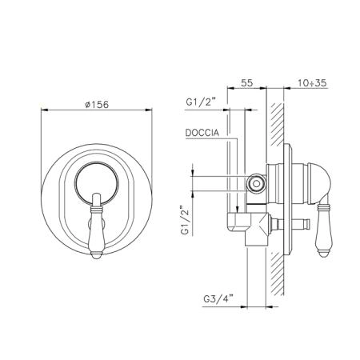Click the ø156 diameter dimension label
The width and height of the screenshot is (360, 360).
coord(97,105)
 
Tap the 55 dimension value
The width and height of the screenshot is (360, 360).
coord(246,82)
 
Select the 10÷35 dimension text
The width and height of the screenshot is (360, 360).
coord(312,83)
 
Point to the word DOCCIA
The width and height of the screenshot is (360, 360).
coord(202,133)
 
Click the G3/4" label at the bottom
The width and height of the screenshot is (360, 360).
coord(218,299)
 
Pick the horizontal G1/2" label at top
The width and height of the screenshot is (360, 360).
coord(201,102)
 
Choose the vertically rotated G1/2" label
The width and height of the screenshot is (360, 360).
coord(185,220)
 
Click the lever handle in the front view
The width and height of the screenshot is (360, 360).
coord(96,226)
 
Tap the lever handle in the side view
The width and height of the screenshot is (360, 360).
coord(323,230)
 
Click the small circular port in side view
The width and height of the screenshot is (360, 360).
coord(256,183)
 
